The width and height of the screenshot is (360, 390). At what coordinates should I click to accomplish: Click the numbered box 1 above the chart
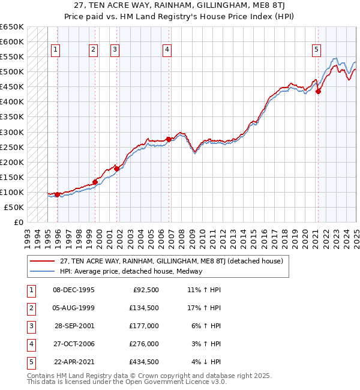pyautogui.click(x=55, y=50)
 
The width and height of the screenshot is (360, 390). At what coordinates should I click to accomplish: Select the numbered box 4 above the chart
pyautogui.click(x=167, y=50)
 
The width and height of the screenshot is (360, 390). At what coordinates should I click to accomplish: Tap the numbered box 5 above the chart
pyautogui.click(x=316, y=50)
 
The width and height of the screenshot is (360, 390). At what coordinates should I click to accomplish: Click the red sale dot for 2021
pyautogui.click(x=319, y=91)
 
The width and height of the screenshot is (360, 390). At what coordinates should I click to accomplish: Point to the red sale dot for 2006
pyautogui.click(x=169, y=139)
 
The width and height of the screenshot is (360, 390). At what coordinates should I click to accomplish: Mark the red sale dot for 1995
pyautogui.click(x=57, y=194)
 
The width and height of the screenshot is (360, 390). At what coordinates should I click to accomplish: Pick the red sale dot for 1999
pyautogui.click(x=95, y=182)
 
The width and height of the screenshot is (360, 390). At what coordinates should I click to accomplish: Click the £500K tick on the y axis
pyautogui.click(x=11, y=72)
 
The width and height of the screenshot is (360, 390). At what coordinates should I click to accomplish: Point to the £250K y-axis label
pyautogui.click(x=11, y=147)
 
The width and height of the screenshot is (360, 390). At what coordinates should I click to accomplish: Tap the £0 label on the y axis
pyautogui.click(x=18, y=222)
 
